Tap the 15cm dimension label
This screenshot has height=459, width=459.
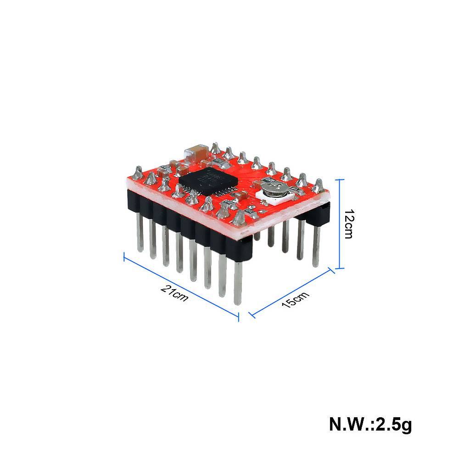point(296,299)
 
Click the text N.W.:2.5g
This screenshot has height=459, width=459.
point(370,424)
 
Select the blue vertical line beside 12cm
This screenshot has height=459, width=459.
point(340,224)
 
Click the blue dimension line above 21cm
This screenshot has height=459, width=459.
point(181,284)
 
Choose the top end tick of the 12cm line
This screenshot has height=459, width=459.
point(340,180)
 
